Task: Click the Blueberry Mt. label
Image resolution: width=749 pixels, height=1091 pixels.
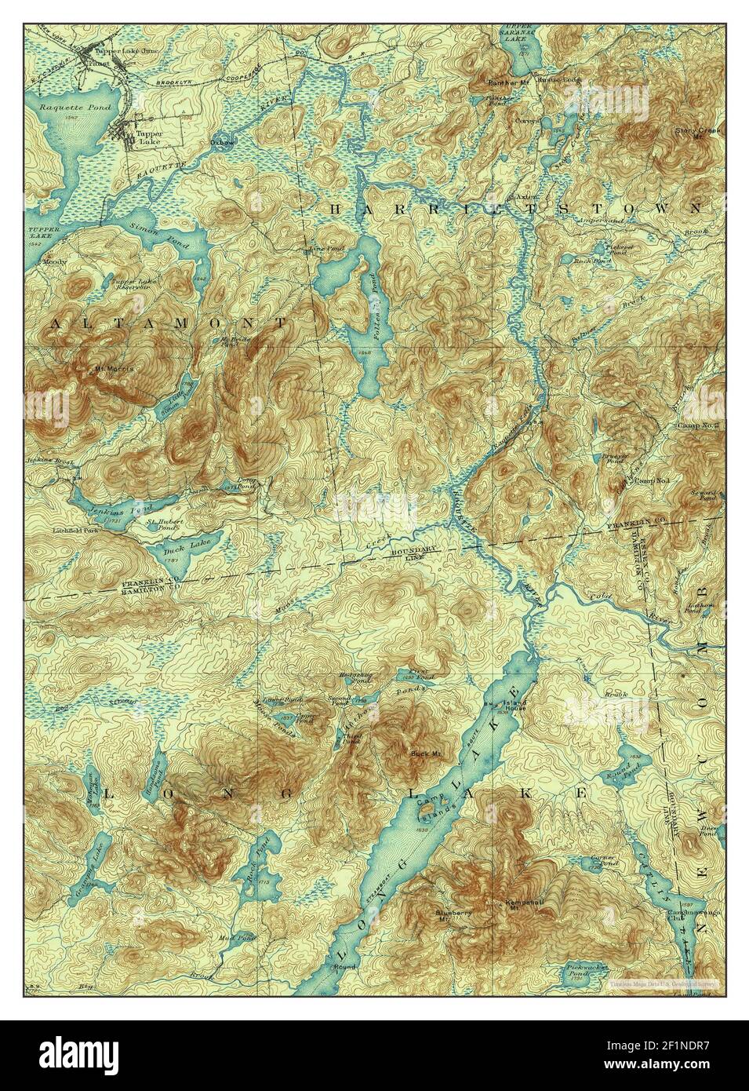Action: pos(453,915)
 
